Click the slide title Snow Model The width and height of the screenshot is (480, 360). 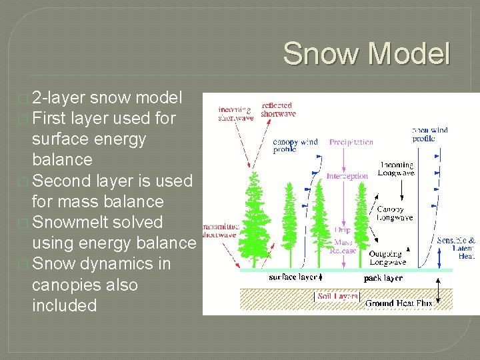366,53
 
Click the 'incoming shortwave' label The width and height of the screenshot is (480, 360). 235,114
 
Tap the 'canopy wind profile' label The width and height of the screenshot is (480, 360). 295,145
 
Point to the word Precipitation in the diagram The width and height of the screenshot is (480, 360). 351,142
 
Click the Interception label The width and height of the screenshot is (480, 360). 347,176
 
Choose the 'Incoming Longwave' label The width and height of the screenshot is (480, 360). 396,169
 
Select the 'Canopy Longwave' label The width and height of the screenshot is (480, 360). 395,213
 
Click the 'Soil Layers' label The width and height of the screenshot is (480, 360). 338,295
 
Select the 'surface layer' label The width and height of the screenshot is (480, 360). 293,277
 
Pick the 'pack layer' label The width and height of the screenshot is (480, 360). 383,277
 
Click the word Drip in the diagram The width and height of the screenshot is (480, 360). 342,230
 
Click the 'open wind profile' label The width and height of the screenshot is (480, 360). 429,135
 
